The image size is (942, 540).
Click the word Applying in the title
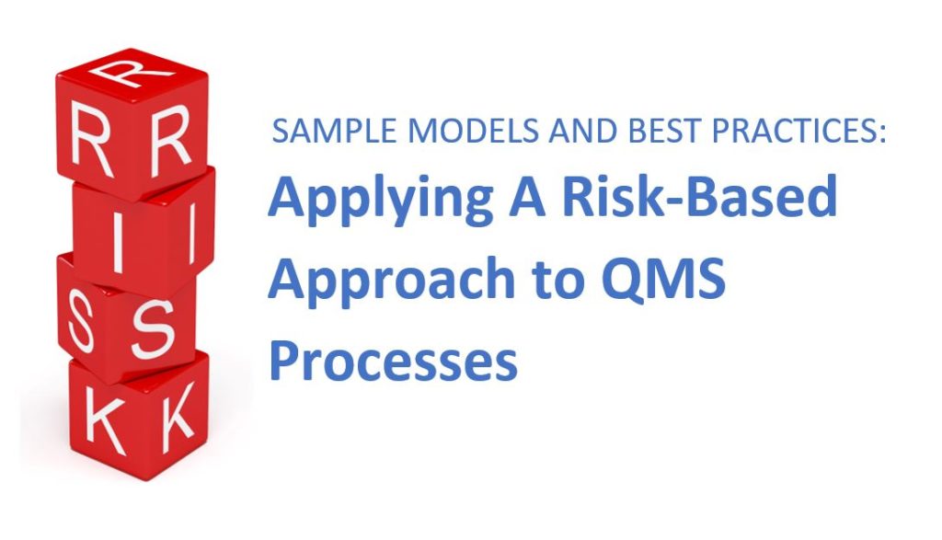click(381, 200)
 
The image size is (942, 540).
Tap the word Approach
click(391, 280)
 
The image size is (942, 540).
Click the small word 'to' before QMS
click(558, 280)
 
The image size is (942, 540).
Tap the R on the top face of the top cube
click(131, 72)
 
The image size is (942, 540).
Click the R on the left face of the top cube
click(89, 139)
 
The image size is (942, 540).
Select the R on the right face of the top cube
click(170, 141)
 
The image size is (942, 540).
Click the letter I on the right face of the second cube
click(191, 229)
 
